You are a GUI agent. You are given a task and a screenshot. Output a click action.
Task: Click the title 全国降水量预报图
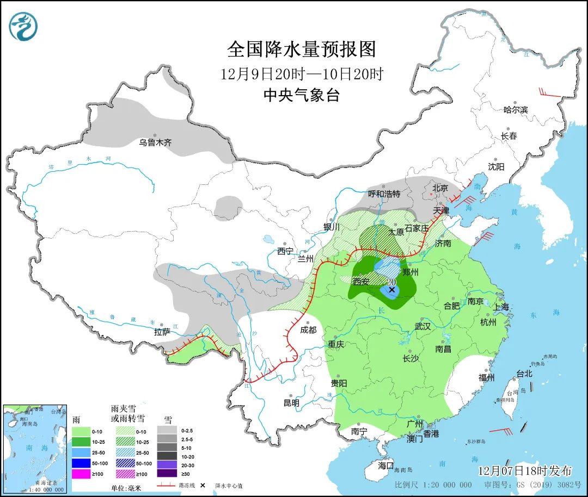pos(301,49)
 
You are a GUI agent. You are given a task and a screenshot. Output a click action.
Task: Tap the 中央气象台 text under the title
pos(301,96)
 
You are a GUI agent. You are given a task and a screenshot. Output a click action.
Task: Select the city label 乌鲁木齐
pos(155,142)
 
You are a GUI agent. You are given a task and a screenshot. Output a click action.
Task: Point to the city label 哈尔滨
pos(515,110)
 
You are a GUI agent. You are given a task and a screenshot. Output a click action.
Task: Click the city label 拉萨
pos(162,332)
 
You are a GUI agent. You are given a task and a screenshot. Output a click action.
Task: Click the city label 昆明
pos(291,403)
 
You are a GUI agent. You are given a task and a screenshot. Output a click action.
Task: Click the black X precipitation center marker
pos(391,290)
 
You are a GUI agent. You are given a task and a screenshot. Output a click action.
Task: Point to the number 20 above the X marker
pos(391,282)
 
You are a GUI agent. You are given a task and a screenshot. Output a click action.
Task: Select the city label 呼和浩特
pos(384,194)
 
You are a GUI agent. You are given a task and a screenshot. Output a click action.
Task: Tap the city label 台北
pos(524,374)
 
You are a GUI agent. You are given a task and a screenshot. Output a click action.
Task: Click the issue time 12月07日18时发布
pos(525,470)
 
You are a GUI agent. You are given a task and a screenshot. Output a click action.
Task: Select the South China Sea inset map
pos(35,448)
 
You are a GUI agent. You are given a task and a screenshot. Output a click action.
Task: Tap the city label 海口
pos(385,466)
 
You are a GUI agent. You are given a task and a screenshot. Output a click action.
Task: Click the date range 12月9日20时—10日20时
pos(301,73)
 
